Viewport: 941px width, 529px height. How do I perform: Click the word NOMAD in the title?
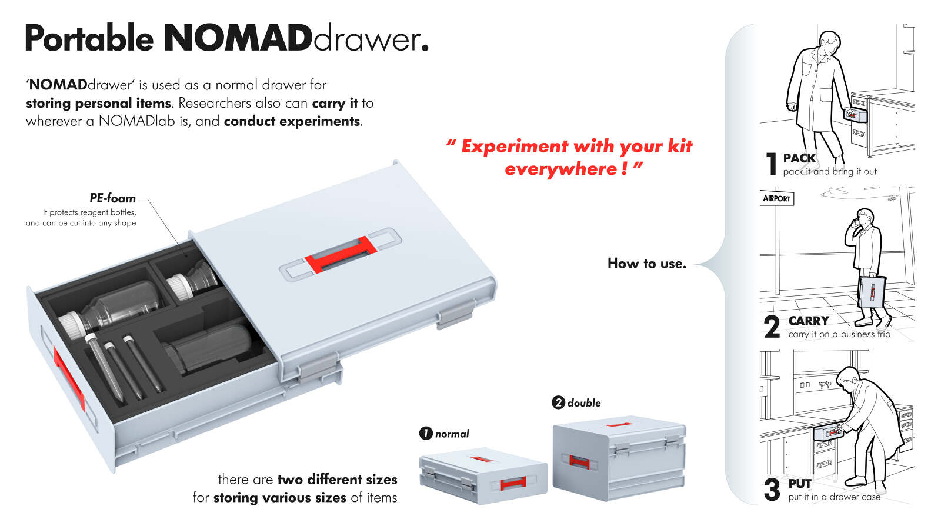pos(238,39)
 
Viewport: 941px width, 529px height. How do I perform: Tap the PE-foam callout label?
pos(112,198)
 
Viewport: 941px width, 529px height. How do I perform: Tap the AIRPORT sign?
pos(776,198)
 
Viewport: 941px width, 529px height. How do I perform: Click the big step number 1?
pos(772,164)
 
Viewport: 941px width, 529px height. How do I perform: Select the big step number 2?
pos(772,327)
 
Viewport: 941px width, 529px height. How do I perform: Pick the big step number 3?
pos(772,490)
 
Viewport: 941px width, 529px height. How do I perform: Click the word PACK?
pos(799,158)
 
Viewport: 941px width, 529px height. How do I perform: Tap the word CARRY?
pos(809,321)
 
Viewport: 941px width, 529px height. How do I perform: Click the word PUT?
pos(800,484)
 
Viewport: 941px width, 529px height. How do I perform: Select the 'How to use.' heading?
pos(646,264)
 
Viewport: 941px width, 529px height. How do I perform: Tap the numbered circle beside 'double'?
pos(558,402)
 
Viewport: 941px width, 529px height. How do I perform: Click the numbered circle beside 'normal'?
pos(426,434)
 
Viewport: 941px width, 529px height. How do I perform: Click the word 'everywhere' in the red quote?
pos(560,169)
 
